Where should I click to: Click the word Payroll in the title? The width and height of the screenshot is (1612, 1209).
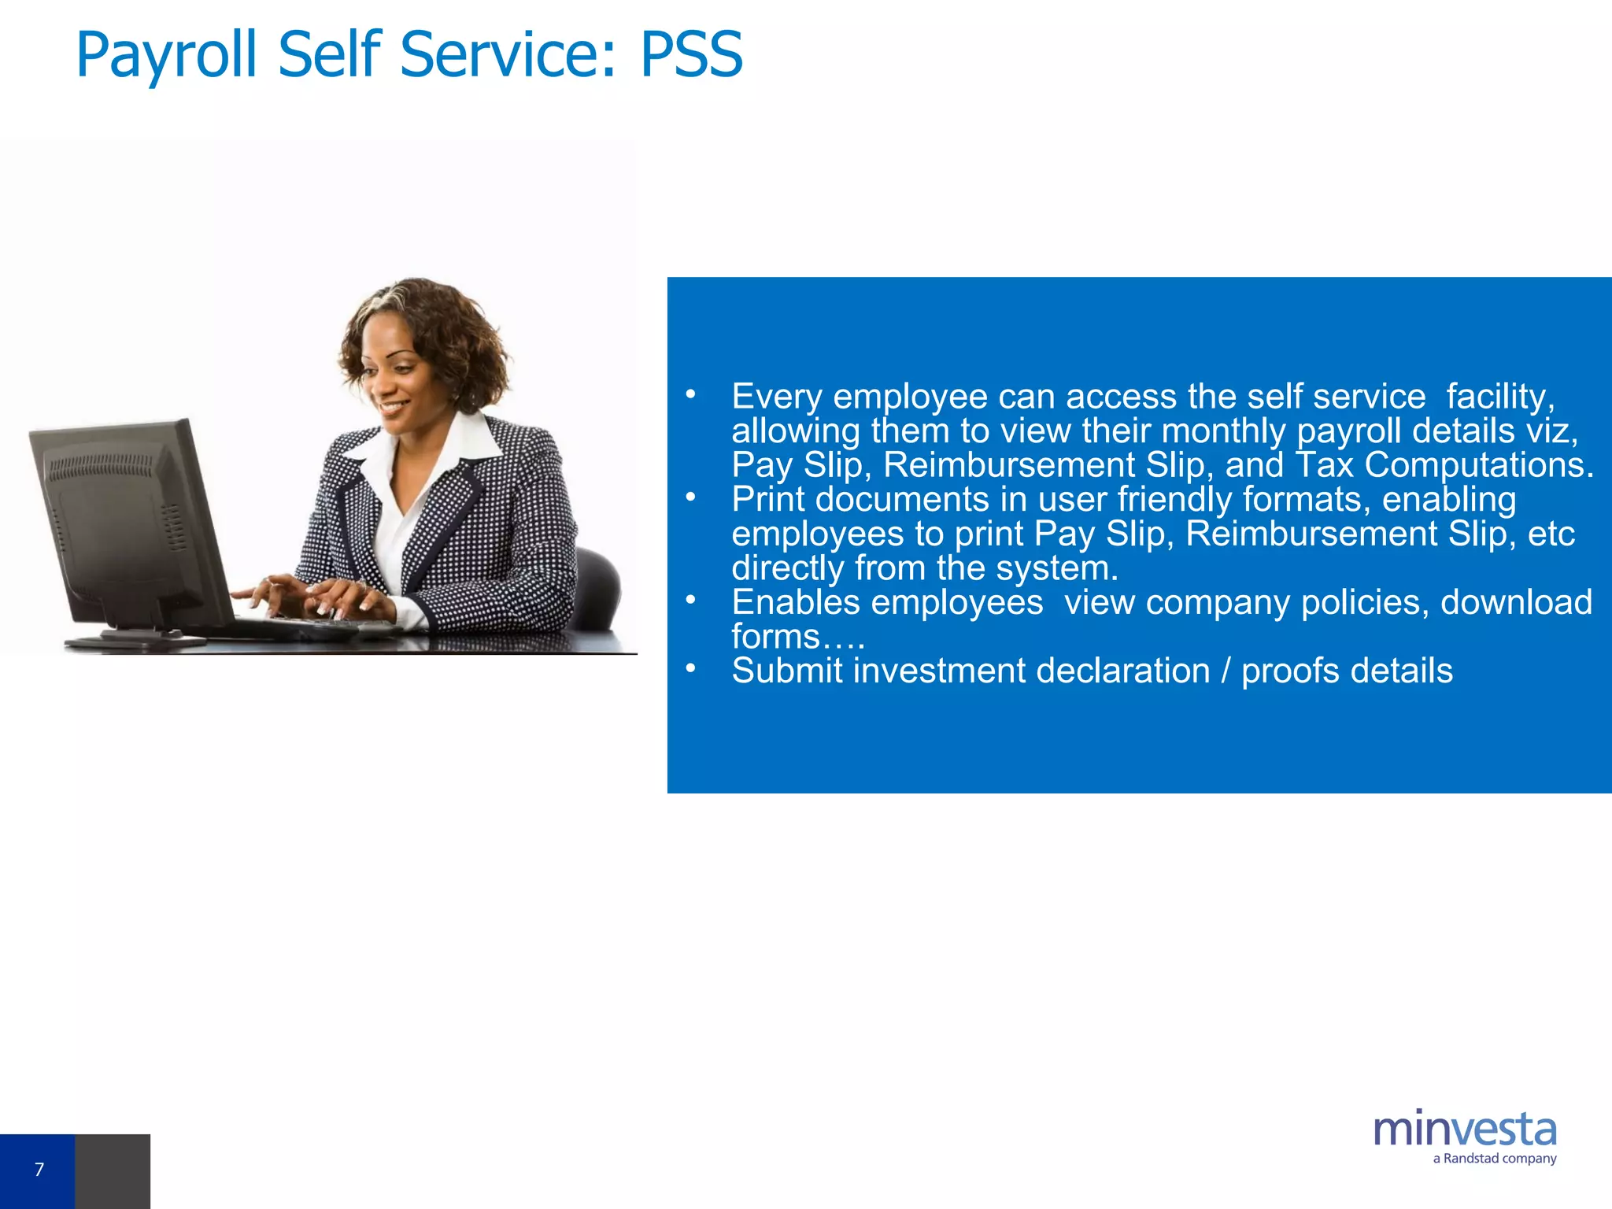(166, 55)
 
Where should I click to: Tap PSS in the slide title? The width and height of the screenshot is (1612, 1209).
(691, 55)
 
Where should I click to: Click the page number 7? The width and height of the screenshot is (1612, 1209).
(39, 1170)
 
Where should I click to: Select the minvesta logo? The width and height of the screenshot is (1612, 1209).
(1464, 1130)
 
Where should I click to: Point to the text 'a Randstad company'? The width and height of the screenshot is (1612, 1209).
(1494, 1159)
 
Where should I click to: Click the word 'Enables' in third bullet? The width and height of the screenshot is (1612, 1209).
(795, 602)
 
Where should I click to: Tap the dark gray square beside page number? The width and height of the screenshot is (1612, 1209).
(113, 1170)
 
